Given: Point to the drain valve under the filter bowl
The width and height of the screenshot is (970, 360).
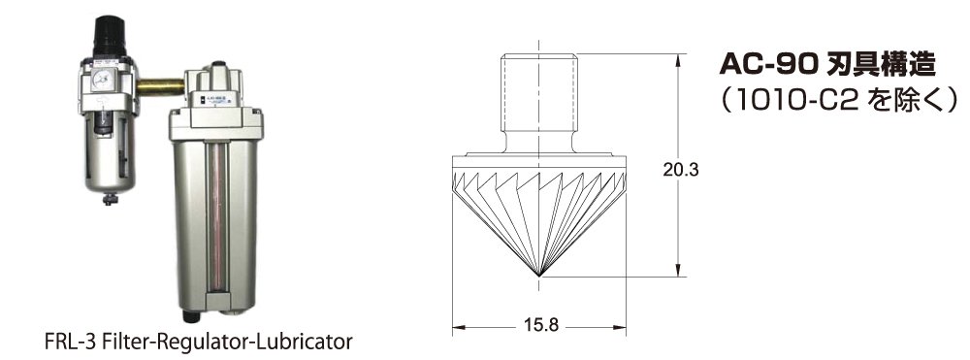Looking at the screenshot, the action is click(110, 199).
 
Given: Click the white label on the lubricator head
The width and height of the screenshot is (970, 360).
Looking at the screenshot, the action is click(210, 99).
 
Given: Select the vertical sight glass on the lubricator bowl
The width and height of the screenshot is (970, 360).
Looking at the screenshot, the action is click(216, 222).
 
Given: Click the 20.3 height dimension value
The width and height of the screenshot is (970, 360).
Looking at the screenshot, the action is click(681, 169).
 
